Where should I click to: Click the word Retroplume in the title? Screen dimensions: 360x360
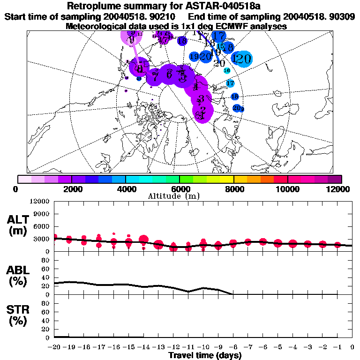point(98,6)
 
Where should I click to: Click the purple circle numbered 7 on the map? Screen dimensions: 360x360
point(154,76)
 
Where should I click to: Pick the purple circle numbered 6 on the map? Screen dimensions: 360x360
point(169,74)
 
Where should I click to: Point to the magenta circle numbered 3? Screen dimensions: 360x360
point(201,99)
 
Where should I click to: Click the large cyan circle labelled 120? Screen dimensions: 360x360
point(242,59)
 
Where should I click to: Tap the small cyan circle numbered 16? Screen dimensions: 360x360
point(227,70)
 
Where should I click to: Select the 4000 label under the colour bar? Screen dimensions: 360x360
point(126,189)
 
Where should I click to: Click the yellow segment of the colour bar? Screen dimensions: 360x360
point(226,179)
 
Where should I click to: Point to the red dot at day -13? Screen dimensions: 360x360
point(158,244)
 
